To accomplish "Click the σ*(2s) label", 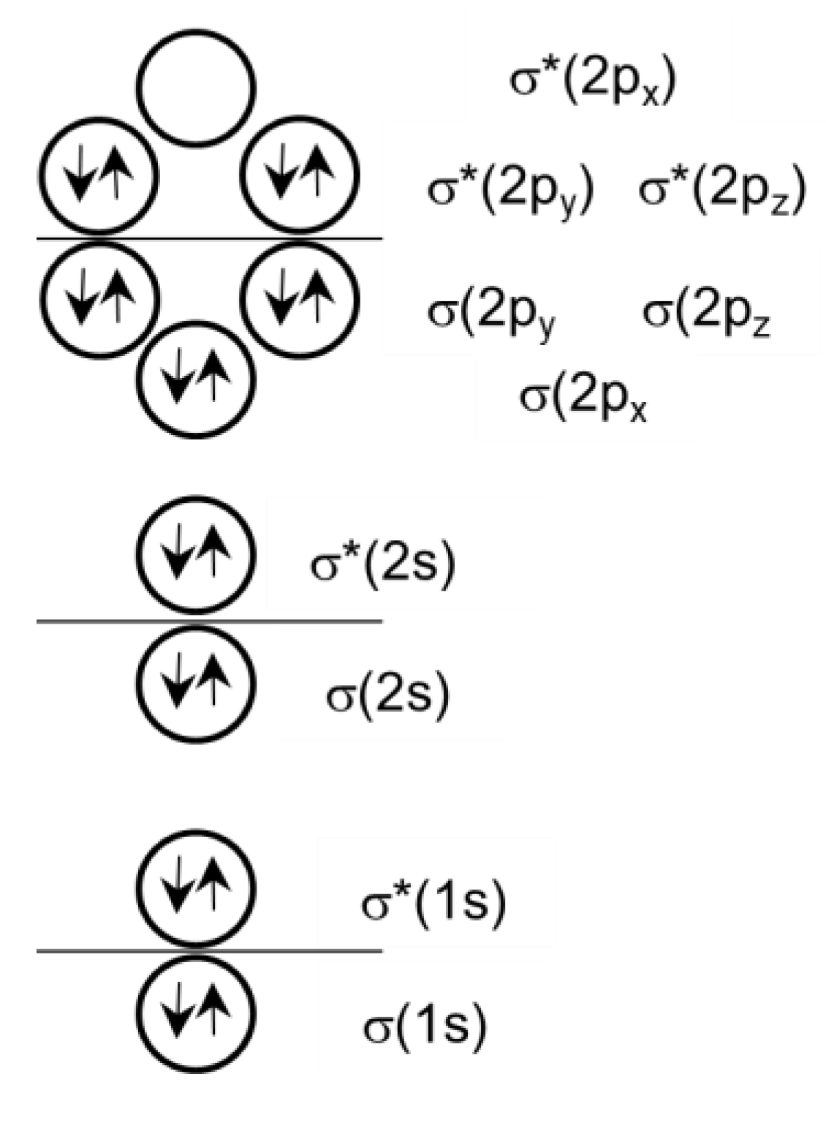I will [382, 564].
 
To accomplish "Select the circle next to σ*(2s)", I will [196, 553].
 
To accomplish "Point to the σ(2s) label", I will [387, 695].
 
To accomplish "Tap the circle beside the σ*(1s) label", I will [196, 887].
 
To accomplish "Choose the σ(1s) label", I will [425, 1027].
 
